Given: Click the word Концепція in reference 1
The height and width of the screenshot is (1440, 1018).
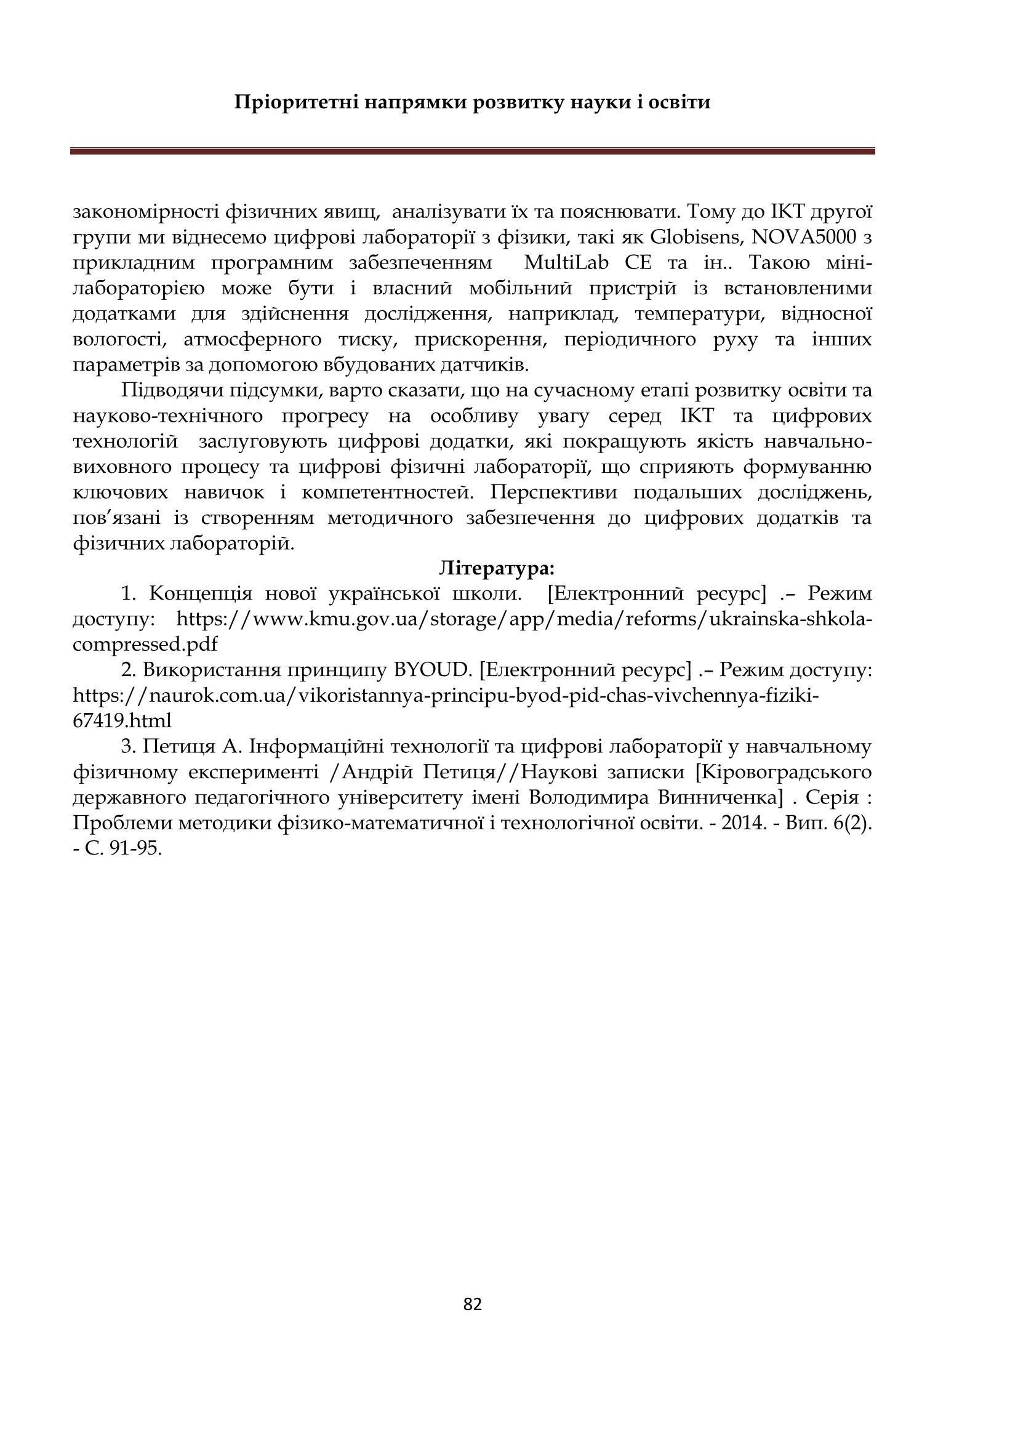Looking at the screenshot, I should [x=201, y=594].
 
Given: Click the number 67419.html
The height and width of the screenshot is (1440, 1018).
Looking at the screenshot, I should [x=122, y=722].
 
